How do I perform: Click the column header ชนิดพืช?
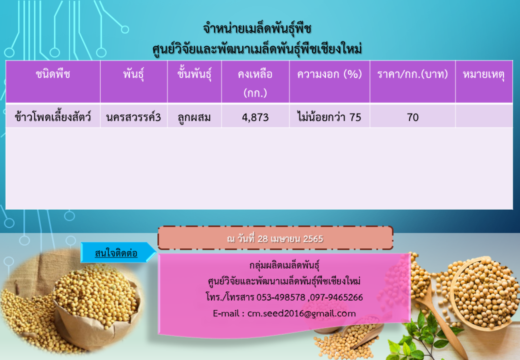coord(53,74)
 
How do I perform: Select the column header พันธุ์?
coord(134,74)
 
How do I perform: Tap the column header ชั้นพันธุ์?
coord(194,74)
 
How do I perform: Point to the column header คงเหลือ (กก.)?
coord(255,83)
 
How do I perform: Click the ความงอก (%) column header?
coord(329,74)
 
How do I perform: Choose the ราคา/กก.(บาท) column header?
coord(412,74)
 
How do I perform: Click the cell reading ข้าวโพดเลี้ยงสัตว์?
coord(53,117)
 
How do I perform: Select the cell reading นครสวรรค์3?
coord(134,117)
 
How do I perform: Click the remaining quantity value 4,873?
coord(255,117)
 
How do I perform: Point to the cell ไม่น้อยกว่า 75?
coord(329,117)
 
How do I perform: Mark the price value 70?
coord(412,117)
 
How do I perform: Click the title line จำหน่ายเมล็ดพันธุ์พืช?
coord(257,28)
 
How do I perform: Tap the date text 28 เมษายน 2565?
coord(290,239)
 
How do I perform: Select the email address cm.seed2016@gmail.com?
coord(302,314)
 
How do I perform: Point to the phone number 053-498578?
coord(281,298)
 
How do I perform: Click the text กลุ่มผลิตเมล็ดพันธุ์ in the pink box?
coord(284,266)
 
